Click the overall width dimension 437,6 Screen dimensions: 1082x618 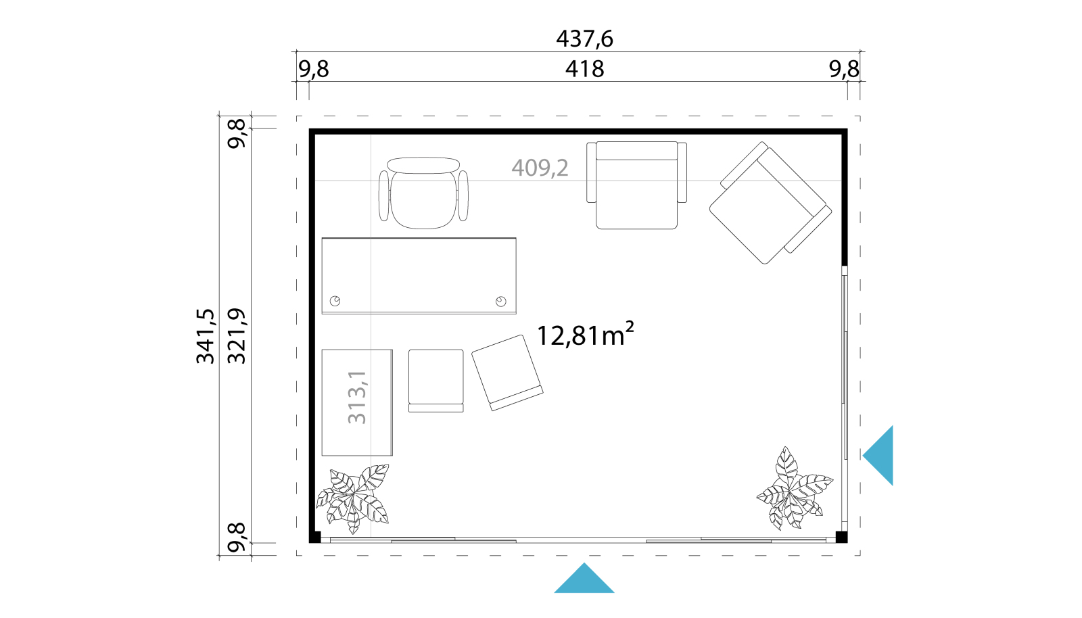pyautogui.click(x=584, y=39)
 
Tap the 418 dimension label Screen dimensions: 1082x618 pyautogui.click(x=584, y=69)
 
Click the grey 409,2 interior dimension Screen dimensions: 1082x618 pyautogui.click(x=540, y=168)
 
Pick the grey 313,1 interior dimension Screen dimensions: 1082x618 pyautogui.click(x=358, y=398)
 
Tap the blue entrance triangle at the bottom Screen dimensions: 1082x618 pyautogui.click(x=584, y=578)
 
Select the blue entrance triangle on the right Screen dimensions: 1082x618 pyautogui.click(x=878, y=455)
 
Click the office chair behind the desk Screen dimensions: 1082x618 pyautogui.click(x=423, y=193)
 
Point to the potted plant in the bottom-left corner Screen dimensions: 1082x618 pyautogui.click(x=352, y=498)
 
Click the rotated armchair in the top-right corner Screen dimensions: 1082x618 pyautogui.click(x=770, y=203)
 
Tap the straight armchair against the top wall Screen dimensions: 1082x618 pyautogui.click(x=636, y=185)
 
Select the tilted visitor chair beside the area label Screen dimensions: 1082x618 pyautogui.click(x=507, y=373)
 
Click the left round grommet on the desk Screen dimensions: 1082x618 pyautogui.click(x=335, y=302)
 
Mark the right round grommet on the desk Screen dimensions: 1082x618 pyautogui.click(x=501, y=302)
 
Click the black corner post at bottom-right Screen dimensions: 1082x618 pyautogui.click(x=841, y=537)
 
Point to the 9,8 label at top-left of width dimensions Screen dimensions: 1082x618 pyautogui.click(x=314, y=70)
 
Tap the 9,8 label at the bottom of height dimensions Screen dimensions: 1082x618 pyautogui.click(x=237, y=538)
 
